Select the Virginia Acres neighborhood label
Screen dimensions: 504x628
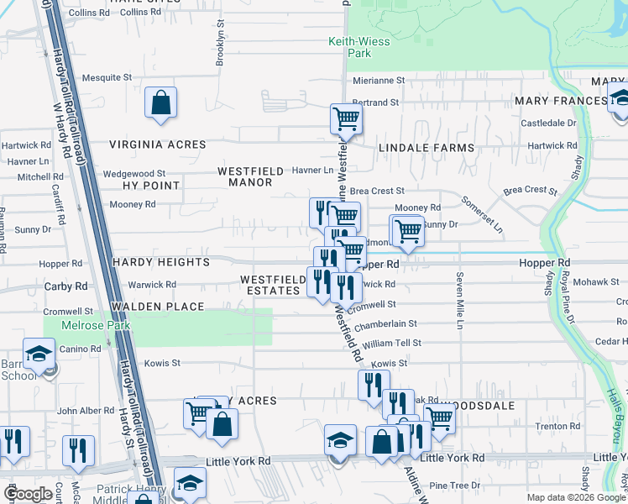(x=157, y=144)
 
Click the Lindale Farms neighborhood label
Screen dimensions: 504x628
(x=426, y=148)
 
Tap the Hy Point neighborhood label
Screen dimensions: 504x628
(x=151, y=185)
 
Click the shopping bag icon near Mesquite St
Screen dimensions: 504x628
(x=160, y=104)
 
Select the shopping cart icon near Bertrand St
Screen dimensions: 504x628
(x=345, y=120)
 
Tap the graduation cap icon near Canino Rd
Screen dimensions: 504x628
(x=39, y=354)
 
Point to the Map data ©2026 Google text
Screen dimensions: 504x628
(x=575, y=497)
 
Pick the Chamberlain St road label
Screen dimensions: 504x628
(x=386, y=323)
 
